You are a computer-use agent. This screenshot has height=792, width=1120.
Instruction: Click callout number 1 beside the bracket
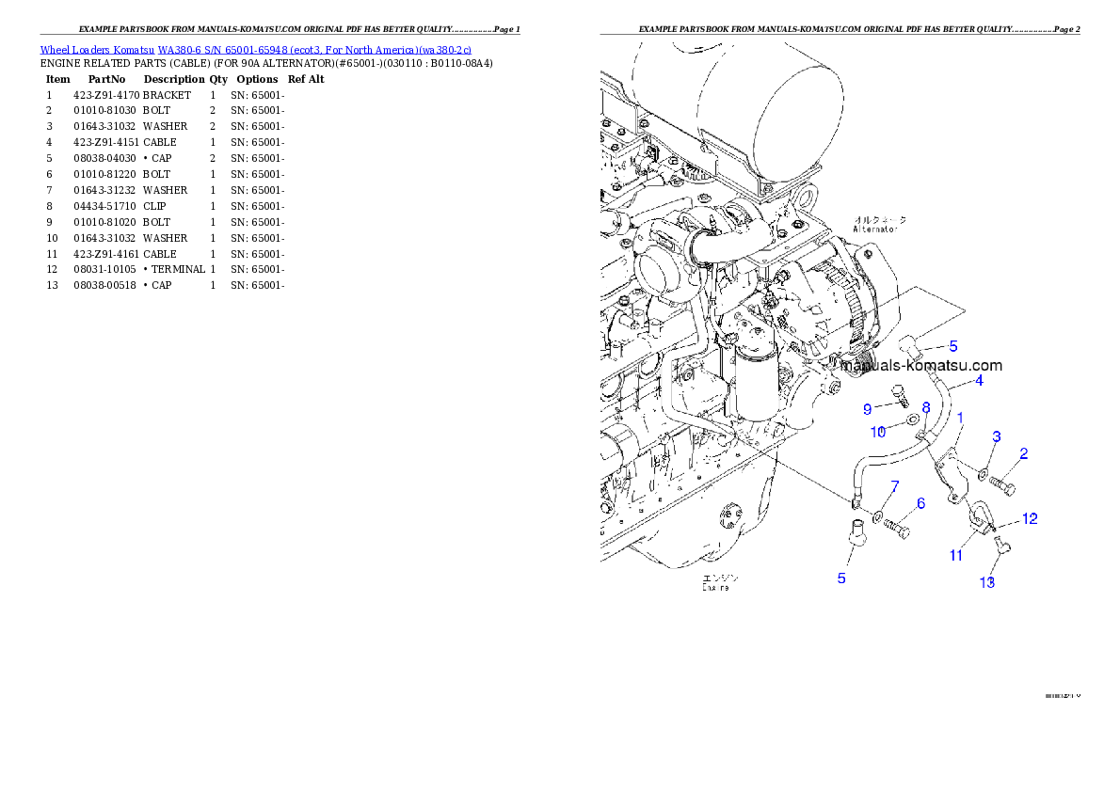click(960, 417)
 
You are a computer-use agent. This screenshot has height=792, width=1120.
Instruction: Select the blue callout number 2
click(1023, 453)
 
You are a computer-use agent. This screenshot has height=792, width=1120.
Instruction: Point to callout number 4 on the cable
click(979, 381)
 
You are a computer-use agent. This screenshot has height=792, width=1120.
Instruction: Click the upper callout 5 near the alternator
click(952, 346)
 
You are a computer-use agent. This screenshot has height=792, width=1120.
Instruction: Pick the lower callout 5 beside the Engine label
click(841, 578)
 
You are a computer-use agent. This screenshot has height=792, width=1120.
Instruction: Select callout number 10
click(877, 432)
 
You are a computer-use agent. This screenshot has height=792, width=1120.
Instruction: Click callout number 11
click(955, 555)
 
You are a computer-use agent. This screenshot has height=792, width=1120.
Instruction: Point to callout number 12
click(1030, 518)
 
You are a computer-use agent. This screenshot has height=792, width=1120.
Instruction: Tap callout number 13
click(986, 582)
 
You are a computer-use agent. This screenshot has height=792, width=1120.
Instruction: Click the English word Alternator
click(875, 229)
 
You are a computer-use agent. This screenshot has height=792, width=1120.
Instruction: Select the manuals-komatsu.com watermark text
click(921, 366)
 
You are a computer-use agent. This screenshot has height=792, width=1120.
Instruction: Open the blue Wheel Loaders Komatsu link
click(255, 49)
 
